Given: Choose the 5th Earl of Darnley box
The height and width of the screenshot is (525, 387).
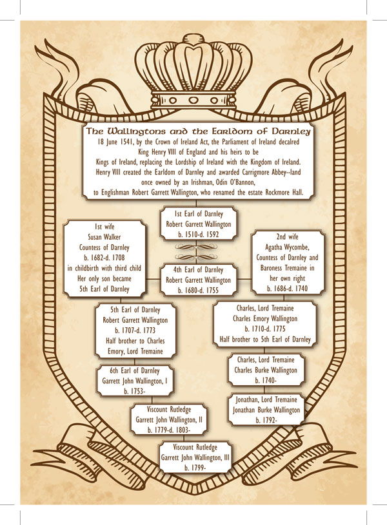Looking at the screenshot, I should pyautogui.click(x=135, y=330).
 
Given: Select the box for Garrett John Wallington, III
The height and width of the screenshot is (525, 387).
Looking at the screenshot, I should pyautogui.click(x=199, y=457).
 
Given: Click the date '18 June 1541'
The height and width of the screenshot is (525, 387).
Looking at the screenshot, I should pyautogui.click(x=117, y=141).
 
